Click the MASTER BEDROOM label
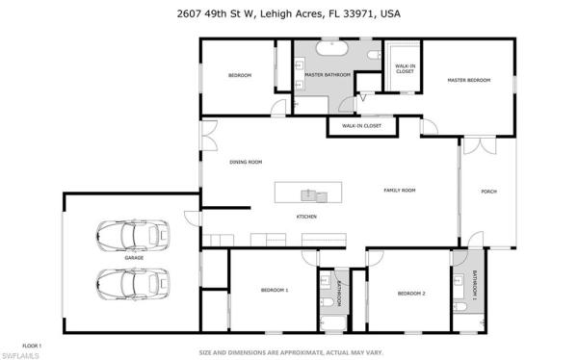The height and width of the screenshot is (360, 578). point(468,80)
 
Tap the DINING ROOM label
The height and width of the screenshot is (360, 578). point(246,162)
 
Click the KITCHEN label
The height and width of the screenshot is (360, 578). point(306,217)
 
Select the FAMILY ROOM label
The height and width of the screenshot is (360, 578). point(398,191)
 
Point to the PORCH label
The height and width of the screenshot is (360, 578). point(488,191)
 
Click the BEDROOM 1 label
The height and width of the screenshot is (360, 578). point(275,290)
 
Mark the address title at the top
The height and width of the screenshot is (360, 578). point(288,13)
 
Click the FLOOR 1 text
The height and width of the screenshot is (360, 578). point(31,345)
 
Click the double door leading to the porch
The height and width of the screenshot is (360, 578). point(477,146)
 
